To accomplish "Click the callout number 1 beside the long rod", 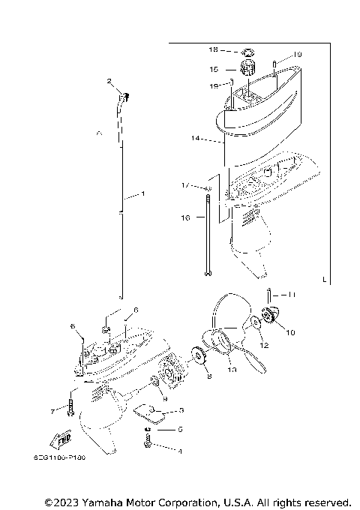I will click(x=133, y=196).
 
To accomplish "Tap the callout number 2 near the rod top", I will click(x=109, y=81).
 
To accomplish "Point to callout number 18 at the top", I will click(x=213, y=50).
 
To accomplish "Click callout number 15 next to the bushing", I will click(x=214, y=69).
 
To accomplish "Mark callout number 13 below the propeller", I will click(x=231, y=370).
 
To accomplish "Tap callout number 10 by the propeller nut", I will click(x=291, y=331).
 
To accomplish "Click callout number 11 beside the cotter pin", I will click(x=292, y=295).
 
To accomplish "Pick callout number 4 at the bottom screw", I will click(x=179, y=451).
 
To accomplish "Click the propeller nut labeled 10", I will click(x=270, y=318).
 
